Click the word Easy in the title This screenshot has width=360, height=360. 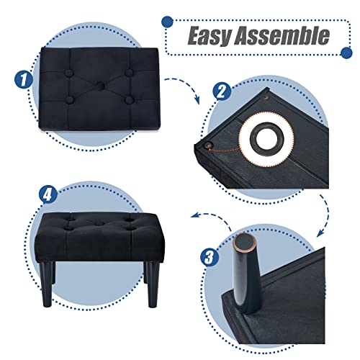pos(210,36)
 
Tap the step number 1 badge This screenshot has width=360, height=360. pos(23,80)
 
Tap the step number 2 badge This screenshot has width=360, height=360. pos(222,91)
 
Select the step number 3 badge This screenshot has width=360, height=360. pos(210,257)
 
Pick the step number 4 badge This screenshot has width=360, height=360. pos(48,195)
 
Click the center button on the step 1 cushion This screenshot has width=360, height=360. pos(100,86)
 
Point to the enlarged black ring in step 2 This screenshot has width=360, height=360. pos(266,139)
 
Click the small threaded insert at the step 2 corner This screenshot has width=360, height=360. pos(207,145)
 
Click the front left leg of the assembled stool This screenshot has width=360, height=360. pos(48,284)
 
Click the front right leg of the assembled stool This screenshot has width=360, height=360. pos(152,284)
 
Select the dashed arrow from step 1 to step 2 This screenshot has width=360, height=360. pos(186,86)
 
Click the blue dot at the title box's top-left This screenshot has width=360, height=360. pos(167,22)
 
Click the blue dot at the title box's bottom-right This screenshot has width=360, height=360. pos(346,53)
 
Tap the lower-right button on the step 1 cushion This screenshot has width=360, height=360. pos(130,100)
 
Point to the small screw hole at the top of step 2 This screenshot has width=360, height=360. pos(266,97)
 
